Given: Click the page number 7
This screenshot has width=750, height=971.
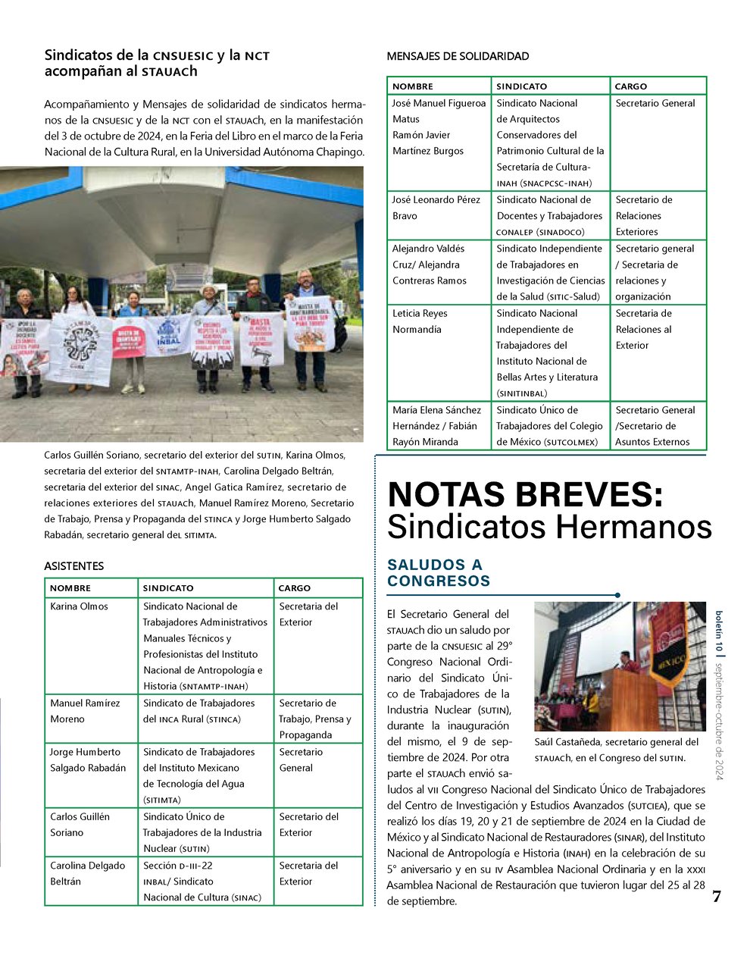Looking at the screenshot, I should [716, 897].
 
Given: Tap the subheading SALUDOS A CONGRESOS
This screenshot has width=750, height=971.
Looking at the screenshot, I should [439, 573].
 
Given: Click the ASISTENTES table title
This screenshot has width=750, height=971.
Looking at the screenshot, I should [74, 566].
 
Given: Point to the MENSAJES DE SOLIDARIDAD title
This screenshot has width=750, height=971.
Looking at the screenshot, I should [458, 56].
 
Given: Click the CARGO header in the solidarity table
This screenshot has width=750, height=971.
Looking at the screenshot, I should [631, 86].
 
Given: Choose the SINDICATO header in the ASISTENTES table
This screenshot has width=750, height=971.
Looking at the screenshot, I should [168, 588].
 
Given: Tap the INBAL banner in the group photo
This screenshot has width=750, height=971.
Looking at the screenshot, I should [169, 334].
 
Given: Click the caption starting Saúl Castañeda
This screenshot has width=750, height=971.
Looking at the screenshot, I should [616, 750].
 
